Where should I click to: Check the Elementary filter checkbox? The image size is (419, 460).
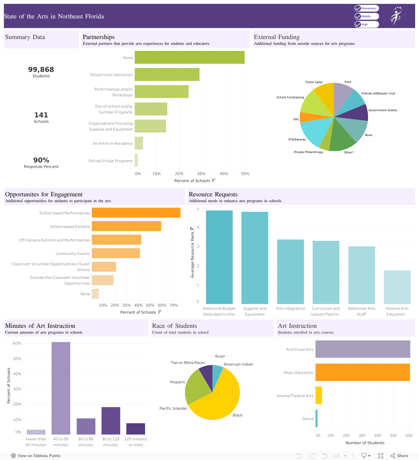point(358,8)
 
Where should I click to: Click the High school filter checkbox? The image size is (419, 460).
point(358,24)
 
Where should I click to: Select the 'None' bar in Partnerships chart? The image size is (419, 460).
point(190,57)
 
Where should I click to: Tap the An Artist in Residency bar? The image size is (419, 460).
point(139,143)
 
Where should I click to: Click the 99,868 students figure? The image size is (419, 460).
point(41,70)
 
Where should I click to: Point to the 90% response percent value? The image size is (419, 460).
point(41,160)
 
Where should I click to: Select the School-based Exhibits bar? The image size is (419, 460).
point(126,226)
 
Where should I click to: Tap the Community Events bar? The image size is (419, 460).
point(116,253)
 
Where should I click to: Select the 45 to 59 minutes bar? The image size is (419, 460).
point(61,388)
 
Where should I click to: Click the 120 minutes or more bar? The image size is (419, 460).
point(136,429)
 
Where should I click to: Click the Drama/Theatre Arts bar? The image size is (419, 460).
point(319,395)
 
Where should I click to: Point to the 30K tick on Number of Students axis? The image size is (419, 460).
point(362,436)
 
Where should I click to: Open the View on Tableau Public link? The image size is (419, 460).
point(36,455)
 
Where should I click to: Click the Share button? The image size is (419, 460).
point(399,455)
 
